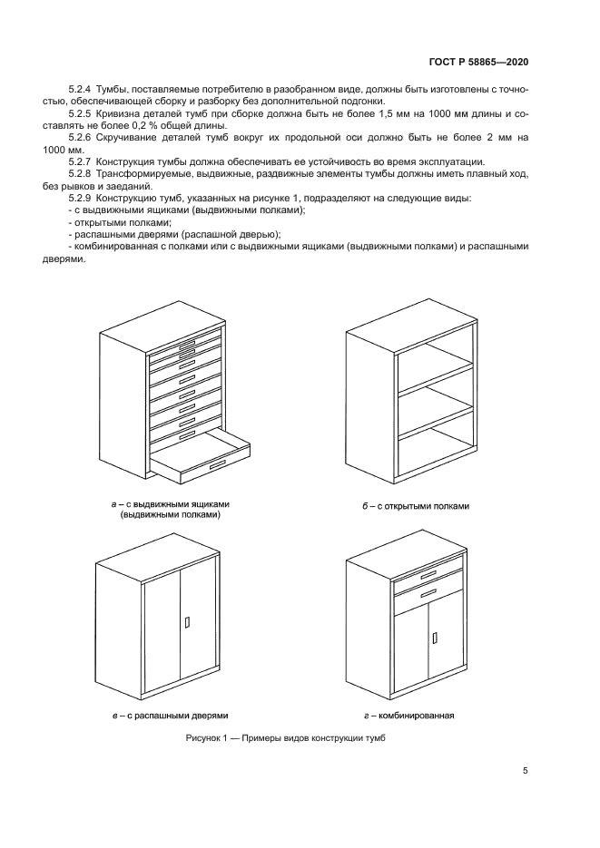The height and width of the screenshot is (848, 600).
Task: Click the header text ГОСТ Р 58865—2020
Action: pyautogui.click(x=477, y=63)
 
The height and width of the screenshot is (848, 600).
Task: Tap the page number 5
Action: pyautogui.click(x=525, y=771)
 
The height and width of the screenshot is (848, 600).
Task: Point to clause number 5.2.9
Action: pyautogui.click(x=82, y=198)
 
